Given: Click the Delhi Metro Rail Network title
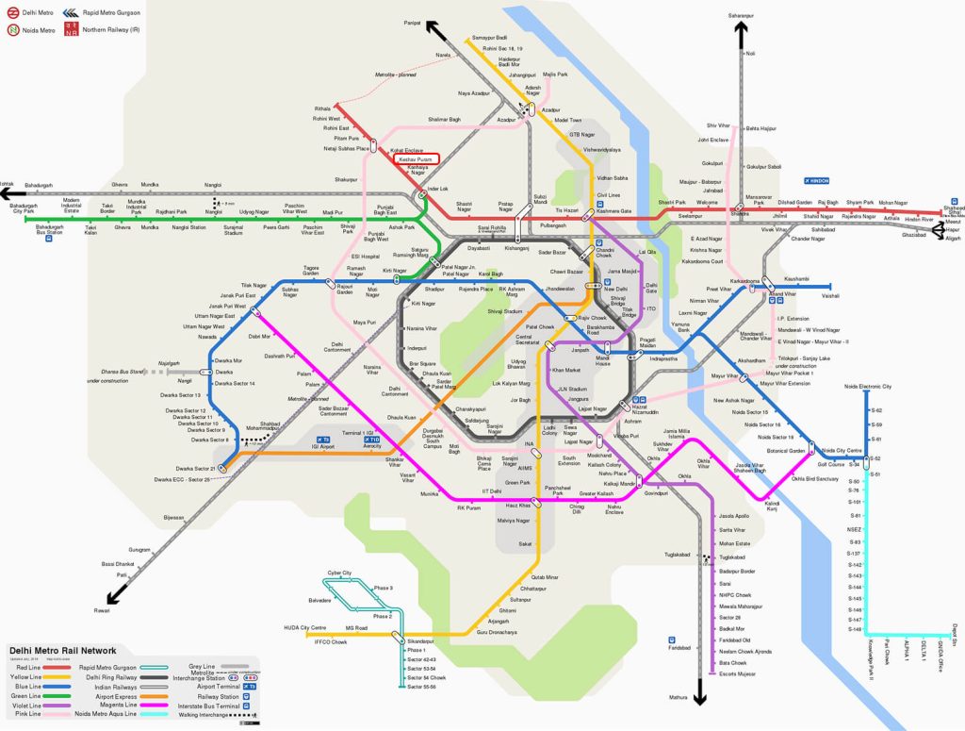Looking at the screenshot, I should [63, 650].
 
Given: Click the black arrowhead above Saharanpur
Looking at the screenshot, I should [740, 29].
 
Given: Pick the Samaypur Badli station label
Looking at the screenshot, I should [489, 39].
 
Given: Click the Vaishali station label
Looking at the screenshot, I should [828, 295].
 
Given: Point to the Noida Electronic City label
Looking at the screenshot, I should [868, 387].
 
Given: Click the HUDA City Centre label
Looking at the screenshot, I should [304, 627].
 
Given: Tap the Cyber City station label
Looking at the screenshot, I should [339, 573].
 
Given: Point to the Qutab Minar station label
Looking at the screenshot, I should [546, 576].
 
